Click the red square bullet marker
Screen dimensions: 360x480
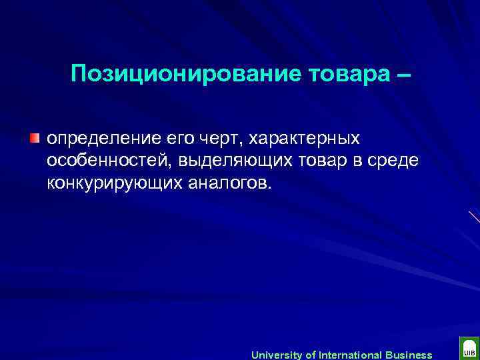click(35, 138)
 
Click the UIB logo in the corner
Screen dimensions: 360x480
click(468, 349)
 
